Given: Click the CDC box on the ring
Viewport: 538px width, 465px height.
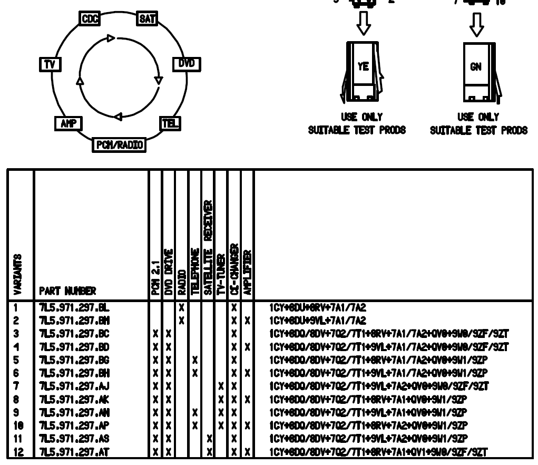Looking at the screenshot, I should pos(87,20).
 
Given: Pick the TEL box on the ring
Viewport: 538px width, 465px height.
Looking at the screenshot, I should pos(170,123).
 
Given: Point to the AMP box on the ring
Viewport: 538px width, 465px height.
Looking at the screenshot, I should pos(65,123).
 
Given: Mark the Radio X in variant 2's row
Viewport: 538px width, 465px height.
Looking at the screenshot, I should pos(181,319).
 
